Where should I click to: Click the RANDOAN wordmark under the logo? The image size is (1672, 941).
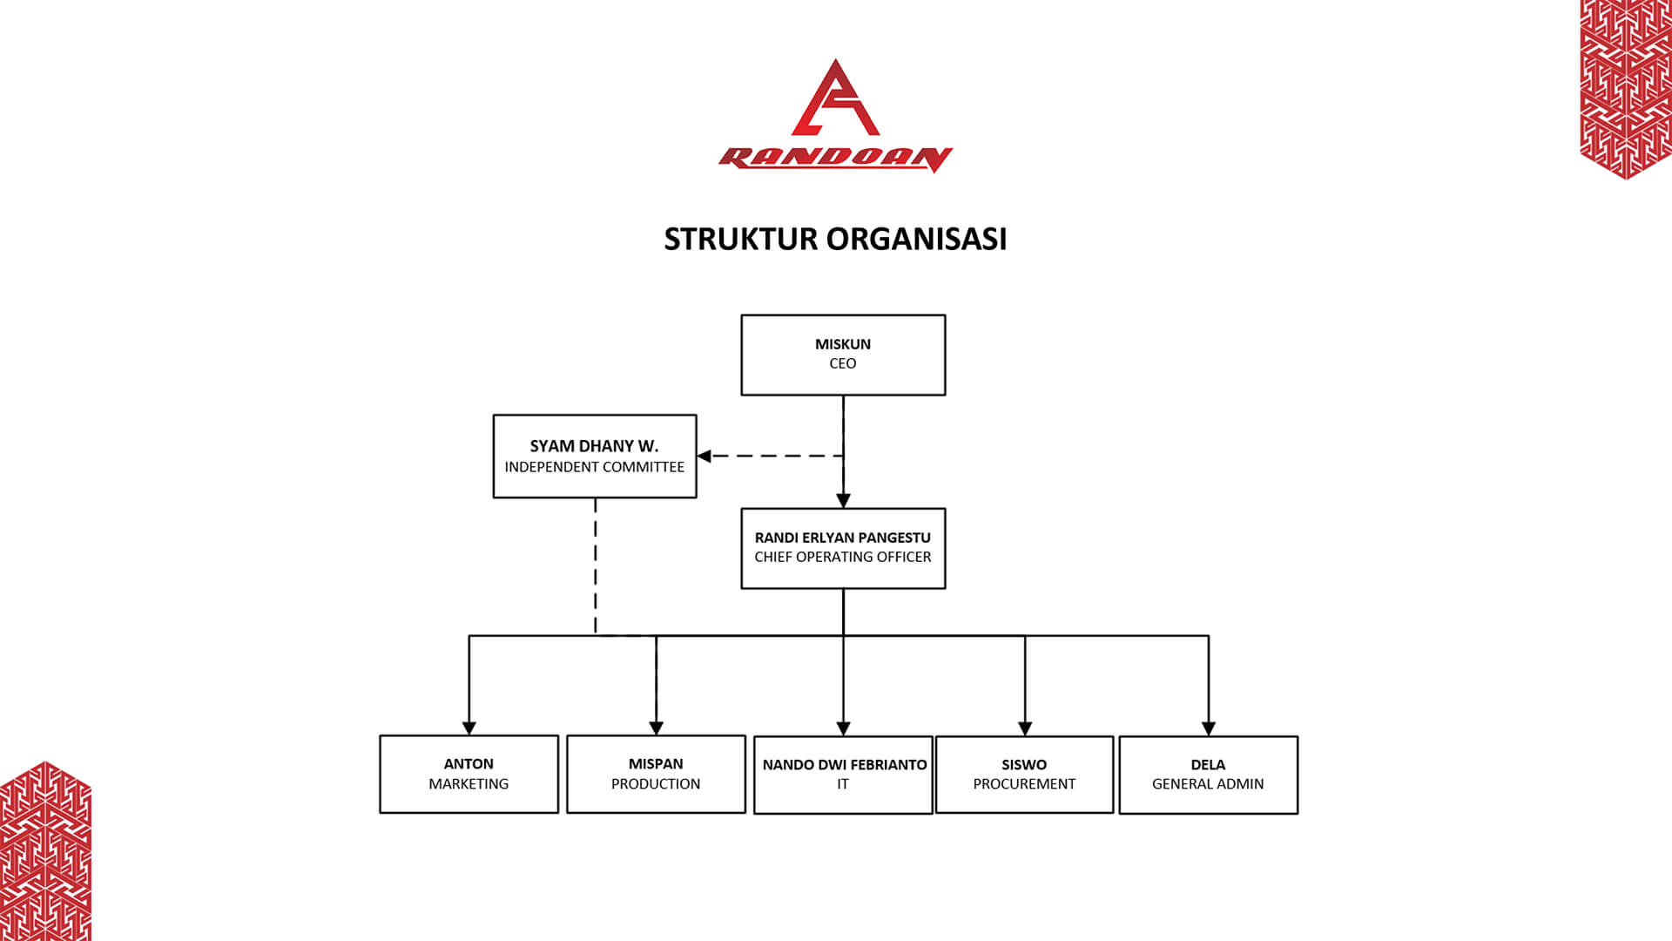click(835, 159)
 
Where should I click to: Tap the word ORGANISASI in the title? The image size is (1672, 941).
click(916, 239)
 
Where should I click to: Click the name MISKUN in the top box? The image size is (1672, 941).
click(842, 344)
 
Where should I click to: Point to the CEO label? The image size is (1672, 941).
click(842, 363)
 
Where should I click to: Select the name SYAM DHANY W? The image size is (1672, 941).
click(594, 446)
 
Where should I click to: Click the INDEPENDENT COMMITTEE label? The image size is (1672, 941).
click(594, 467)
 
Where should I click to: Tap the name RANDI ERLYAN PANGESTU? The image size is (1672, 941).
click(842, 538)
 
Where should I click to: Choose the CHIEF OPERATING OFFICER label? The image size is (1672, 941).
click(842, 557)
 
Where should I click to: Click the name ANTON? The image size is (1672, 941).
click(469, 764)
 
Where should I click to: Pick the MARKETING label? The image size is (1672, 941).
click(469, 784)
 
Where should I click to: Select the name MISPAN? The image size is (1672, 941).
click(656, 764)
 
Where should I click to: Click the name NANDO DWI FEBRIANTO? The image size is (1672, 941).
click(844, 765)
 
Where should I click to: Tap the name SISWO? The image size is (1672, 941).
click(1024, 765)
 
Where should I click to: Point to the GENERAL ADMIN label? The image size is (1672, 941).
click(1207, 784)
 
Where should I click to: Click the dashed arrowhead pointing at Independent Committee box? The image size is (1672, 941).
click(705, 456)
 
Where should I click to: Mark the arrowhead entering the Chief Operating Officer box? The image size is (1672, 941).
click(843, 501)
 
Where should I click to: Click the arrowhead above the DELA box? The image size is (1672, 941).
click(1208, 728)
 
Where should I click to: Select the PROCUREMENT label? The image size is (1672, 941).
click(1024, 784)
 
